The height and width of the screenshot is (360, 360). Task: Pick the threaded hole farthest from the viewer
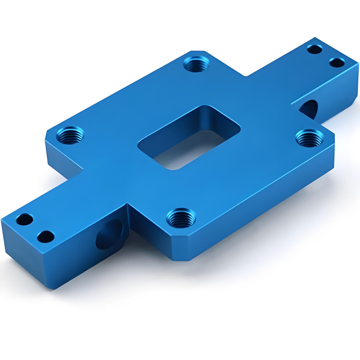(195, 64)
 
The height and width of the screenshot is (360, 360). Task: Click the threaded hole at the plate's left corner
(69, 135)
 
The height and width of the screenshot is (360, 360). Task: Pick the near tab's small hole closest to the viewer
(45, 236)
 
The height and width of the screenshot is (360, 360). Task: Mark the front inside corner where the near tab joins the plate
(127, 211)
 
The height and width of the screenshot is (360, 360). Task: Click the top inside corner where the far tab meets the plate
(245, 76)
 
